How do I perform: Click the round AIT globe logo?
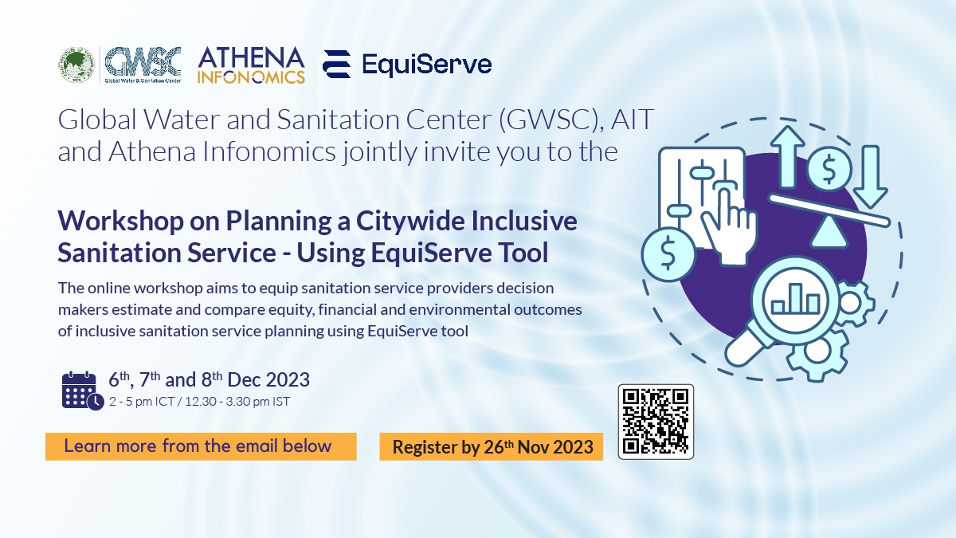(x=76, y=65)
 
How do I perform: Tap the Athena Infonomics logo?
(x=252, y=65)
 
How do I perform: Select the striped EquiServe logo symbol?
(x=337, y=64)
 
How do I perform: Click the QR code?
(x=656, y=422)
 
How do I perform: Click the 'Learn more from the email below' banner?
(x=201, y=446)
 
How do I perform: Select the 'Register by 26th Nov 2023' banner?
(x=492, y=446)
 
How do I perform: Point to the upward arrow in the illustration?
(x=787, y=157)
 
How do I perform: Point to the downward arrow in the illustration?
(x=871, y=177)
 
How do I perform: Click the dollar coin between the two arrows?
(x=829, y=169)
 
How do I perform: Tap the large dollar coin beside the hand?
(x=668, y=253)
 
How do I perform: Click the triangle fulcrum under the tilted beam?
(x=829, y=231)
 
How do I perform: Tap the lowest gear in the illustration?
(x=817, y=354)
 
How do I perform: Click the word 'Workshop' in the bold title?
(x=121, y=222)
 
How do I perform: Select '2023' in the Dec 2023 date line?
(x=288, y=379)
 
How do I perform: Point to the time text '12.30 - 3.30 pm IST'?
(x=237, y=402)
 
